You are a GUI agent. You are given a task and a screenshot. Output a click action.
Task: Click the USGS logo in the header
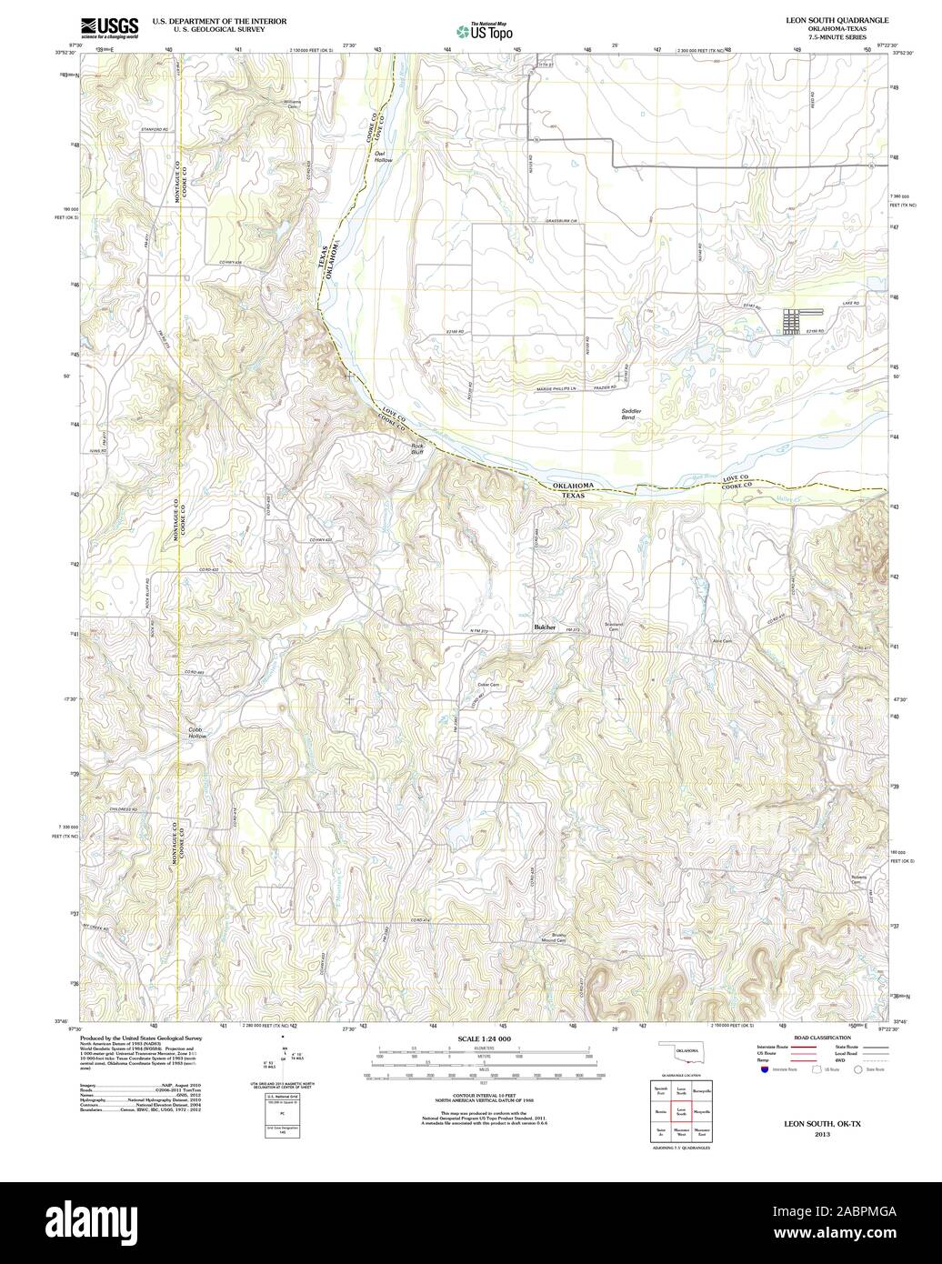point(109,26)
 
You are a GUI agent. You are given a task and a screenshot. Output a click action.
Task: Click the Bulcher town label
point(545,627)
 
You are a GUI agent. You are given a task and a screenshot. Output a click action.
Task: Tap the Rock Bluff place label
point(417,446)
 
